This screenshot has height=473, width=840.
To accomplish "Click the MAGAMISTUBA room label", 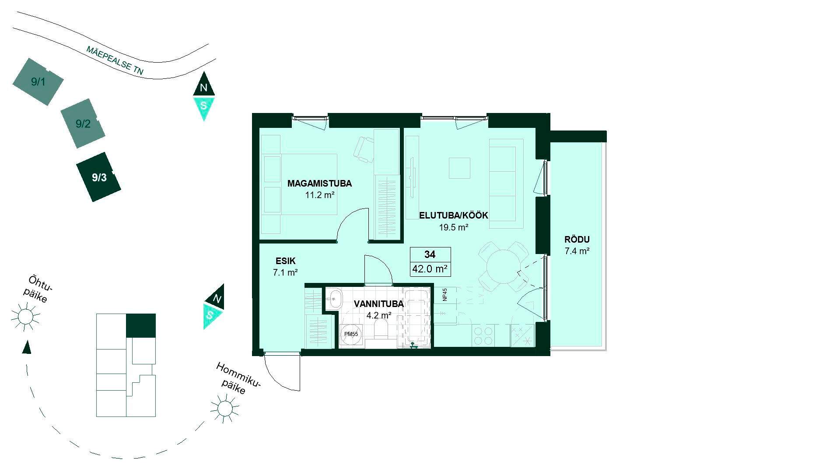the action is [319, 184].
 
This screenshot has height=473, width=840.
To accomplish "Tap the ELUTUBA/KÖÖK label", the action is [454, 215].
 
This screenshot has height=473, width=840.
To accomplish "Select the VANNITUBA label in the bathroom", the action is [379, 304].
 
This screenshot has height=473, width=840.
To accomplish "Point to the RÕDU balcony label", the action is [577, 240].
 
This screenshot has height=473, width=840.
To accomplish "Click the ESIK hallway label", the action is [286, 261].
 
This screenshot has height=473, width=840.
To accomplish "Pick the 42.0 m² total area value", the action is [430, 269].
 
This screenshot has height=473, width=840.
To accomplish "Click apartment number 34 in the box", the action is [430, 254].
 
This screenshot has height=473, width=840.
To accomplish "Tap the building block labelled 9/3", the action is [98, 177].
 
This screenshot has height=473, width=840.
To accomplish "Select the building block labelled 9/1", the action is [38, 81].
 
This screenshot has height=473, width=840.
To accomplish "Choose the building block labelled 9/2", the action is [83, 124].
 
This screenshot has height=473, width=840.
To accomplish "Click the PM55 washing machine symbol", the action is [351, 334].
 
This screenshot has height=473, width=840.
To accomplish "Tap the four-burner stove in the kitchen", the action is [483, 335].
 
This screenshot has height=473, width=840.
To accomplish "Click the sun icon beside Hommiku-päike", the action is [225, 409].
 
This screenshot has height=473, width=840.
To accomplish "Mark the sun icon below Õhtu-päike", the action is [25, 316].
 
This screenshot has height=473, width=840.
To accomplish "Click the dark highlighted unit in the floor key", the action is [141, 326].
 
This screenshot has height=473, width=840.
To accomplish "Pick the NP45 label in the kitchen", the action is [445, 294].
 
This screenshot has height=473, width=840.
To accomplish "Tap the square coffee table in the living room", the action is [459, 168].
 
